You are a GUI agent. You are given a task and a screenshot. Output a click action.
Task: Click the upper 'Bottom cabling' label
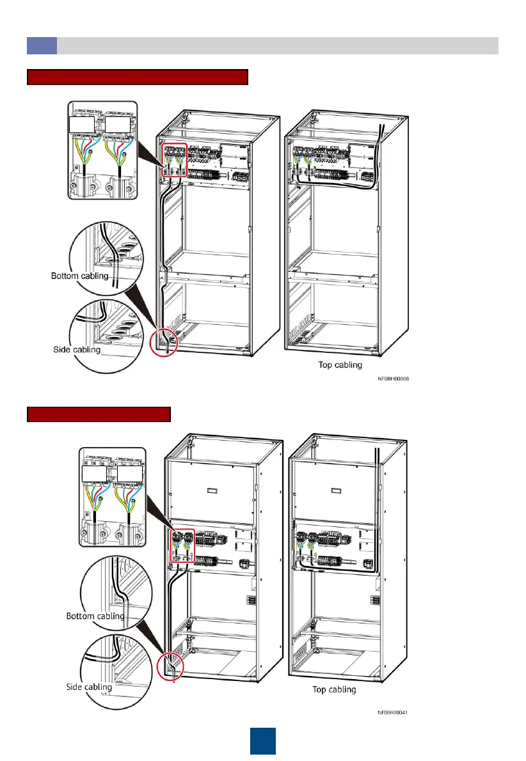[x=79, y=276]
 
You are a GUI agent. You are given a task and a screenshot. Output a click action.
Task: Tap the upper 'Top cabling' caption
[x=340, y=365]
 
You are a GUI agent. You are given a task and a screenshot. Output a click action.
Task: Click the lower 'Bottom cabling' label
[x=95, y=616]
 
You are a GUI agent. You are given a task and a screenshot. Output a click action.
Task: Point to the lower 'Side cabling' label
[x=89, y=687]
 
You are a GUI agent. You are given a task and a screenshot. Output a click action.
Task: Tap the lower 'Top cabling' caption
[x=334, y=690]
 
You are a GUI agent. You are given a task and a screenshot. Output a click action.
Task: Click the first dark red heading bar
[x=137, y=78]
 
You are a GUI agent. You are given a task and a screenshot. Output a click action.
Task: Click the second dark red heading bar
[x=99, y=414]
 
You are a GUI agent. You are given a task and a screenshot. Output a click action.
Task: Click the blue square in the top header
[x=42, y=45]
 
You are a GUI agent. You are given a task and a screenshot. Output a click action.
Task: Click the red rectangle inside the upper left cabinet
[x=174, y=161]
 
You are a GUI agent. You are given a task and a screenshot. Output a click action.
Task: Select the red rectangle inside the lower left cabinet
[x=180, y=545]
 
